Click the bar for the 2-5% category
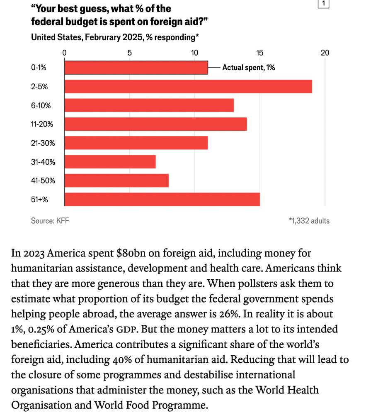[188, 86]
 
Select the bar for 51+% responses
[162, 199]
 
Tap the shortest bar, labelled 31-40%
[110, 161]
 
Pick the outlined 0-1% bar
[136, 68]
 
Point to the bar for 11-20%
[155, 124]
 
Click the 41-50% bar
[116, 181]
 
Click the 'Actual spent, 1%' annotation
[249, 68]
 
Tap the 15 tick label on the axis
[259, 53]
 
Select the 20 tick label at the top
[325, 53]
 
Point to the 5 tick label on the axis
[129, 53]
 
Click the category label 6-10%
[41, 105]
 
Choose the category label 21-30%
[43, 143]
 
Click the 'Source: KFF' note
[50, 221]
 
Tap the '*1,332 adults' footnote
[309, 221]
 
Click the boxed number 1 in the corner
[323, 4]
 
